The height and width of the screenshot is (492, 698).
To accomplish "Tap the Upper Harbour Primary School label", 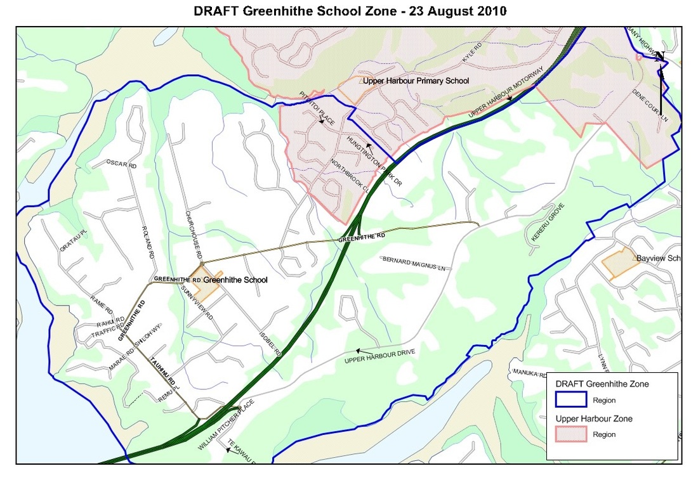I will [416, 81].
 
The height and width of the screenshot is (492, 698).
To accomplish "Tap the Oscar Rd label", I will [122, 165].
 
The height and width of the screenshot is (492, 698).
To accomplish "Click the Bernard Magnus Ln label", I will [414, 263].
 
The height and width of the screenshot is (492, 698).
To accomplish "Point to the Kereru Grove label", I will [546, 224].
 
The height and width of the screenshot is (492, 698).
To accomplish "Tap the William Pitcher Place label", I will [225, 424].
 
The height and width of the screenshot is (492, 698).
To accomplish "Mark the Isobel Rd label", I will [270, 343].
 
